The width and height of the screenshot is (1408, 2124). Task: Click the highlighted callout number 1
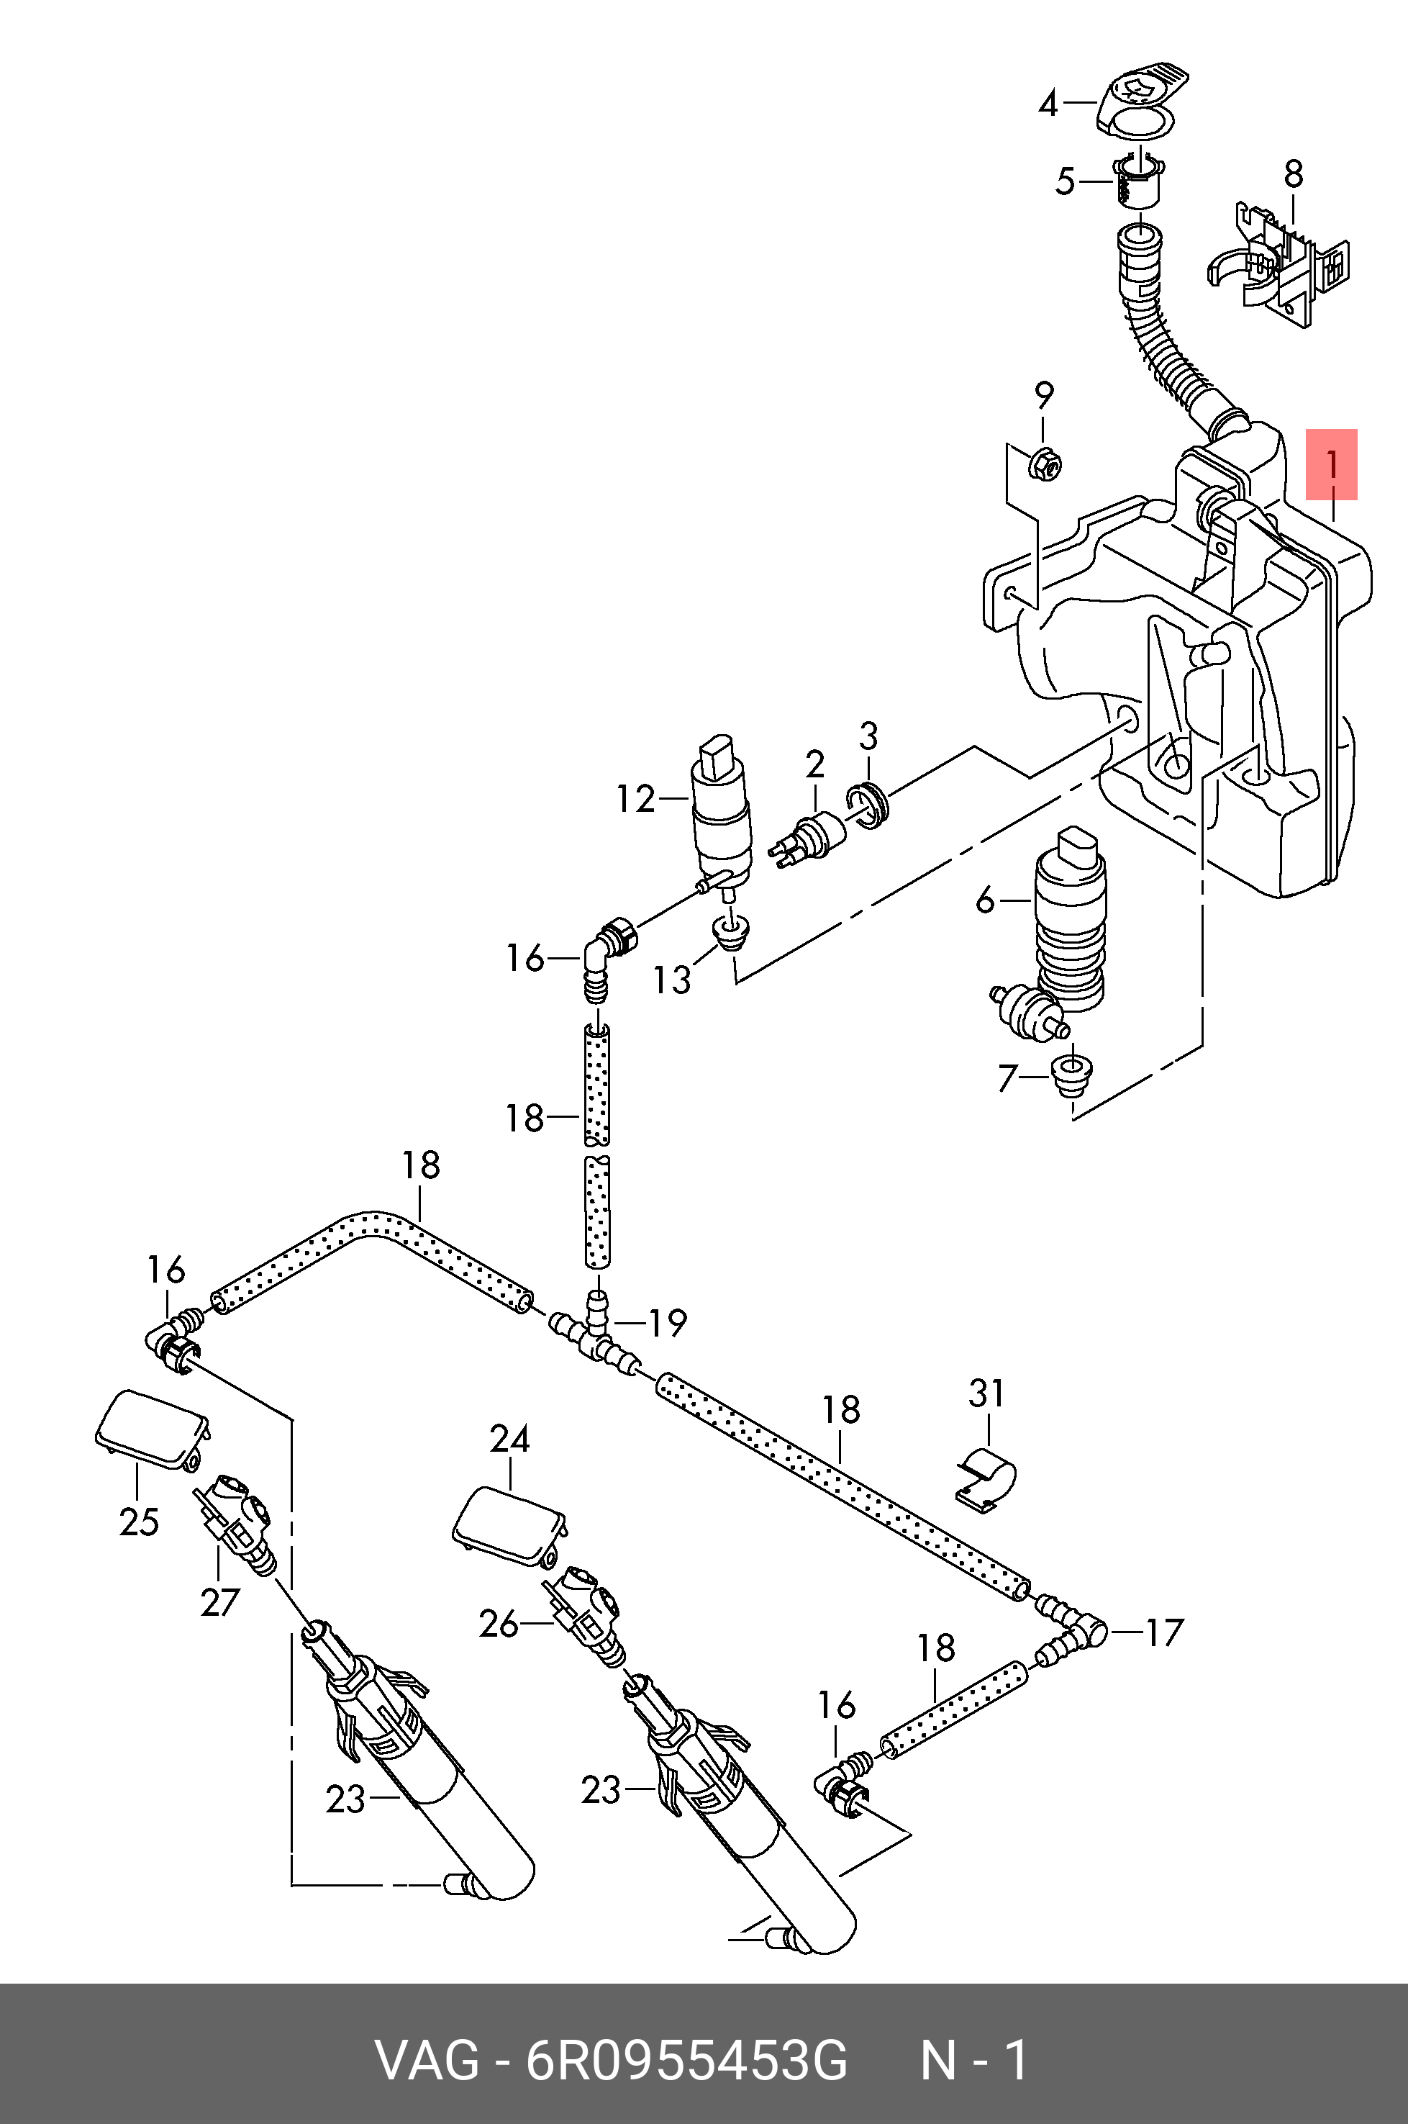tap(1332, 465)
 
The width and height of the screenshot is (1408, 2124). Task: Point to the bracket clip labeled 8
tap(1278, 261)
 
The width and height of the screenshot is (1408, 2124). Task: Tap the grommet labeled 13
tap(731, 933)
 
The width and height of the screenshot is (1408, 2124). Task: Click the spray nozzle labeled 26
tap(583, 1617)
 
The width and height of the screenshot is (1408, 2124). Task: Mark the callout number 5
tap(1065, 181)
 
